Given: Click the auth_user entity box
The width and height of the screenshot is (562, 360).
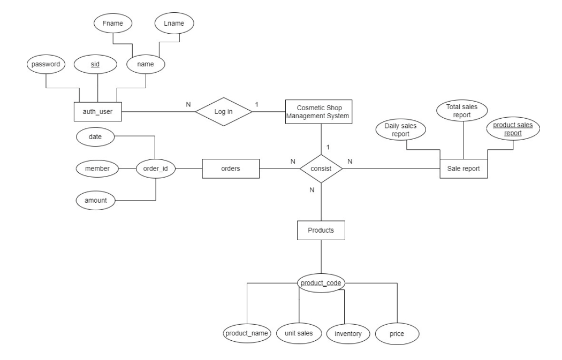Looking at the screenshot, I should click(97, 112).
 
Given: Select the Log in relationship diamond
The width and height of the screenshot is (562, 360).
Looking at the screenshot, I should click(223, 112).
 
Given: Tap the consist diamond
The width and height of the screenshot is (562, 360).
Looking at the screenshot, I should click(320, 168).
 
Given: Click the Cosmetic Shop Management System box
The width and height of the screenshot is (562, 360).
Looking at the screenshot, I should click(320, 111).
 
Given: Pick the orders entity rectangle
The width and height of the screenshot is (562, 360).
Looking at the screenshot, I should click(230, 168).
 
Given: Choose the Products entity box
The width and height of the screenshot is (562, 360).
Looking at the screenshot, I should click(320, 231).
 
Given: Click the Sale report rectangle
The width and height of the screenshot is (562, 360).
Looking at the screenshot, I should click(464, 168).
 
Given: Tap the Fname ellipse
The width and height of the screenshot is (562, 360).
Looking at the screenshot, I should click(112, 24).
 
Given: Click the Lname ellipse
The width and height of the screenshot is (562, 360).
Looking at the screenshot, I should click(174, 24).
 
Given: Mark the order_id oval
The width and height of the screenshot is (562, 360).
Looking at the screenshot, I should click(155, 168).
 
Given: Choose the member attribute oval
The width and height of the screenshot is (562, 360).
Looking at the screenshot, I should click(97, 168).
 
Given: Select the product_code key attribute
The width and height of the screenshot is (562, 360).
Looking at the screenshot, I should click(321, 282).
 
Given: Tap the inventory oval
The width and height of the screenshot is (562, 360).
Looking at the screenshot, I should click(348, 334).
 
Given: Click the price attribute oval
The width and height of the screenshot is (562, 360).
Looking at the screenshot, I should click(397, 334).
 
